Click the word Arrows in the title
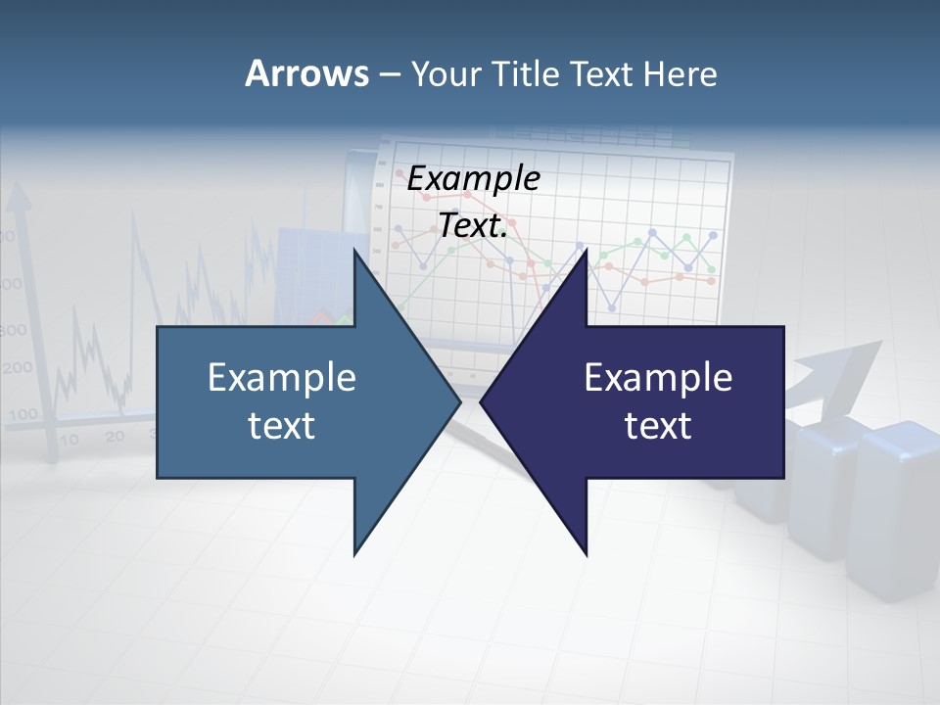point(305,73)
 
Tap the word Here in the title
point(680,73)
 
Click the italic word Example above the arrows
point(473,179)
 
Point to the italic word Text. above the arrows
point(473,226)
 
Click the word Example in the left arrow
point(281,377)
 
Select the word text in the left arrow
point(281,426)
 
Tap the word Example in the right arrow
point(658,377)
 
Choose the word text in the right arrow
point(658,426)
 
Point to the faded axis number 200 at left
point(17,369)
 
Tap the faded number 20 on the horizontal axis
point(115,437)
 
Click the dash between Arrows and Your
point(389,74)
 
